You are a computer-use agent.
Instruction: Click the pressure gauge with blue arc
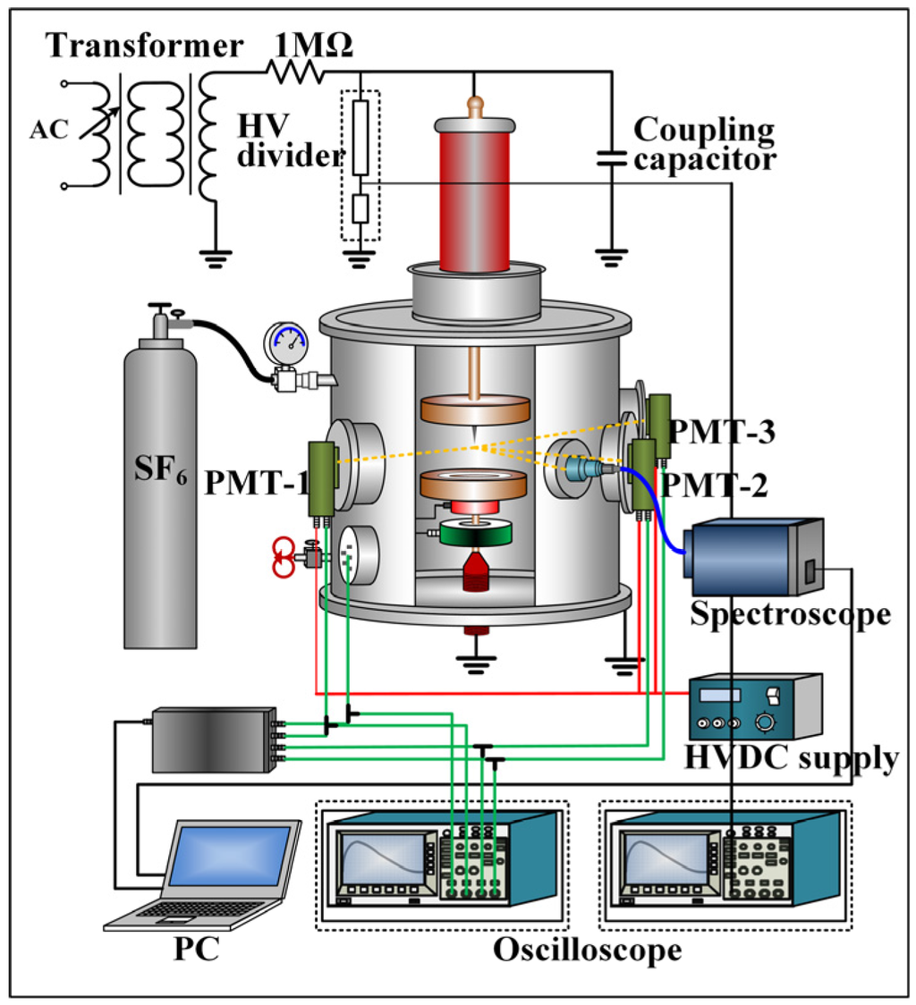point(284,341)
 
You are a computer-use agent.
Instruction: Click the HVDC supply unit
point(753,705)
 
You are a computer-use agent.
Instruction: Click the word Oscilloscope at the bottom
point(587,949)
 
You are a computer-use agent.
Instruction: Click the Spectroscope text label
point(792,614)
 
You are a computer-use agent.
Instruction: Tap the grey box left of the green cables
point(212,739)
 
